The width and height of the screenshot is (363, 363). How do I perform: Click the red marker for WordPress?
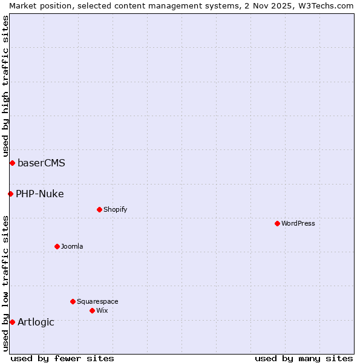pyautogui.click(x=277, y=223)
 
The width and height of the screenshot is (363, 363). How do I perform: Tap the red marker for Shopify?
pyautogui.click(x=99, y=209)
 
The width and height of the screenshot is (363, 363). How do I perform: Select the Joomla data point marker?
pyautogui.click(x=57, y=246)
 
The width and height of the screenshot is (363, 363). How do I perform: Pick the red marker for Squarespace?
pyautogui.click(x=73, y=301)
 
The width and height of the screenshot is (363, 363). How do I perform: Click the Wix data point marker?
pyautogui.click(x=92, y=310)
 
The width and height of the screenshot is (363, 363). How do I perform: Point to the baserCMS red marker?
pyautogui.click(x=12, y=163)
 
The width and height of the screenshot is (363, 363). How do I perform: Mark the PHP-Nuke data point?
pyautogui.click(x=10, y=194)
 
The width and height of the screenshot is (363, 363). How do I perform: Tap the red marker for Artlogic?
pyautogui.click(x=12, y=322)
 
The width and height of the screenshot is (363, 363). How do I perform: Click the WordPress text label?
pyautogui.click(x=298, y=223)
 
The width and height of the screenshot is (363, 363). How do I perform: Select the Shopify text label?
pyautogui.click(x=115, y=209)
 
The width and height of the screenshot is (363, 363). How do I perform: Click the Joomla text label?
pyautogui.click(x=72, y=246)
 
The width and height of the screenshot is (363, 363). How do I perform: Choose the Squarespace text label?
pyautogui.click(x=97, y=301)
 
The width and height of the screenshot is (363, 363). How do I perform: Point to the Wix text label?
pyautogui.click(x=102, y=310)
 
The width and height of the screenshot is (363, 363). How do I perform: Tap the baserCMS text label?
pyautogui.click(x=41, y=163)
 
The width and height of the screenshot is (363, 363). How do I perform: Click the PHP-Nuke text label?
pyautogui.click(x=39, y=194)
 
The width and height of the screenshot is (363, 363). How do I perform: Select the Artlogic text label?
pyautogui.click(x=36, y=322)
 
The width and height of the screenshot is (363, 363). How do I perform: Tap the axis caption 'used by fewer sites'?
pyautogui.click(x=62, y=358)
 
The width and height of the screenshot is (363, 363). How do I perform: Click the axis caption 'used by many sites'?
pyautogui.click(x=304, y=358)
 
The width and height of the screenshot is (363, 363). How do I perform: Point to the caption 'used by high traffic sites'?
pyautogui.click(x=5, y=86)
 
